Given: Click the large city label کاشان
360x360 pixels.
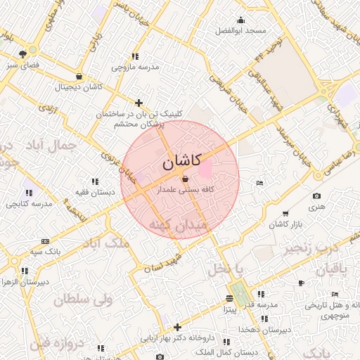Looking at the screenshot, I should (181, 162).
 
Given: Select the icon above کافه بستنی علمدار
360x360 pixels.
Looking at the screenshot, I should (185, 180).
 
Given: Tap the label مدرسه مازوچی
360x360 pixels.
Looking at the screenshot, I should (135, 67).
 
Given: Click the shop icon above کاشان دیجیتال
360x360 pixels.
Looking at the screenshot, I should (79, 77).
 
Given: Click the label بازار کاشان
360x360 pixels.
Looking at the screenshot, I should (285, 224).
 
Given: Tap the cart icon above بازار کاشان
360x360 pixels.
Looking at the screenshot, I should (285, 214).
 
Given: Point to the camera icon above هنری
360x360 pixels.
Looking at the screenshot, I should (316, 195).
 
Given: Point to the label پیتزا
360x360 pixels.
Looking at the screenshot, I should (233, 309).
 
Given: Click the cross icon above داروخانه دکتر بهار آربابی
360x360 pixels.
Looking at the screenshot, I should (177, 326).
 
